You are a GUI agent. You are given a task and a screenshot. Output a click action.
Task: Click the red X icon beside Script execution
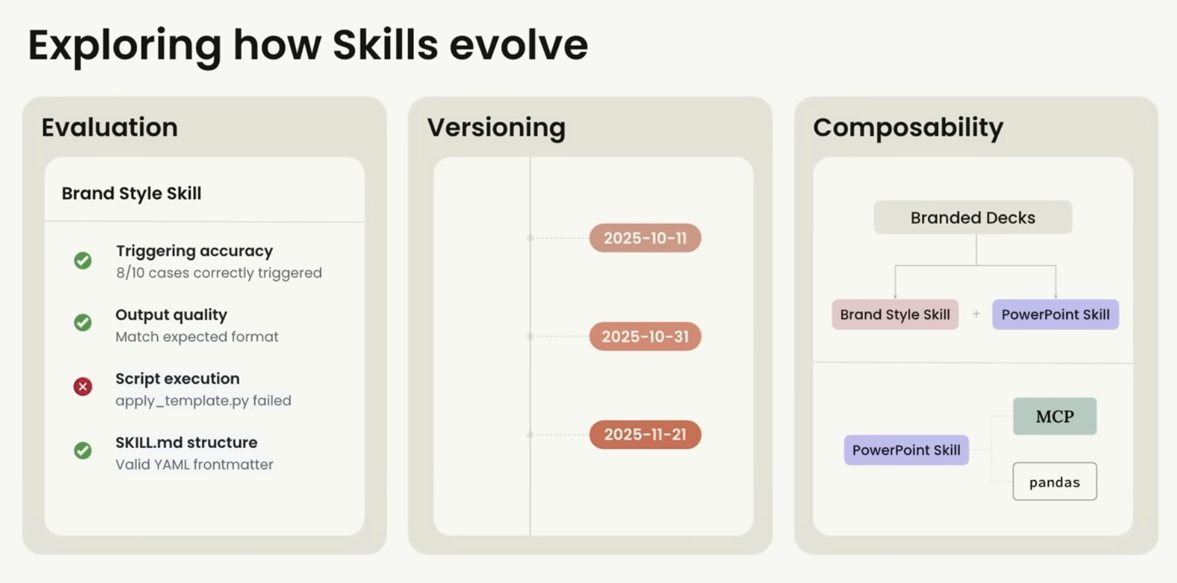pos(83,387)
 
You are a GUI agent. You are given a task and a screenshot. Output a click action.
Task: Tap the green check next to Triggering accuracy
pos(83,261)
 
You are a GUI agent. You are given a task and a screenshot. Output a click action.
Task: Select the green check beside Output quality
pos(83,323)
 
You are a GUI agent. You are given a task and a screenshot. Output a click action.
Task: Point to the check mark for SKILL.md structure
pos(83,451)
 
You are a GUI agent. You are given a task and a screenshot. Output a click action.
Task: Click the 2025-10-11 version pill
pos(645,238)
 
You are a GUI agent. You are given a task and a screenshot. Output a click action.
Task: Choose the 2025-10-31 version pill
pos(645,336)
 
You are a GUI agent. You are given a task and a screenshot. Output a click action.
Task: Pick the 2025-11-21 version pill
pos(645,434)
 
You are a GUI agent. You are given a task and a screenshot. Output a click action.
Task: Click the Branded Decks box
pos(973,217)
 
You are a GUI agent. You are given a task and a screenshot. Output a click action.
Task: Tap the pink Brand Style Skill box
pos(895,314)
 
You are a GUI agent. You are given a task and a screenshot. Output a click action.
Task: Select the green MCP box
pos(1054,416)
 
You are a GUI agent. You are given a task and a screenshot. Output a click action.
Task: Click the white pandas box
pos(1054,481)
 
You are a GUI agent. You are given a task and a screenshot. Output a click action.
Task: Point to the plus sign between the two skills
pos(976,314)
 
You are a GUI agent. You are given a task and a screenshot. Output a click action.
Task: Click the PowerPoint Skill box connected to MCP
pos(907,450)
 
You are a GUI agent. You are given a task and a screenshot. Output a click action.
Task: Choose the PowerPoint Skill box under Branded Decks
pos(1056,314)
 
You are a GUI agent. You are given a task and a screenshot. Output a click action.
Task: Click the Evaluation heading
pos(109,127)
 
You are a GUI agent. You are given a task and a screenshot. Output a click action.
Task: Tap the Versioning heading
pos(497,127)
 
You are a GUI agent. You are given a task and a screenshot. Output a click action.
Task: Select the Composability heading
pos(908,127)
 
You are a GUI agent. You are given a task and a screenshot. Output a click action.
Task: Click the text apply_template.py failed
pos(203,400)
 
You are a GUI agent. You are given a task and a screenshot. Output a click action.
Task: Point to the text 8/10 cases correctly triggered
pos(219,273)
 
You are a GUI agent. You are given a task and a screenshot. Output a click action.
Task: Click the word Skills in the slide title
pos(385,45)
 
